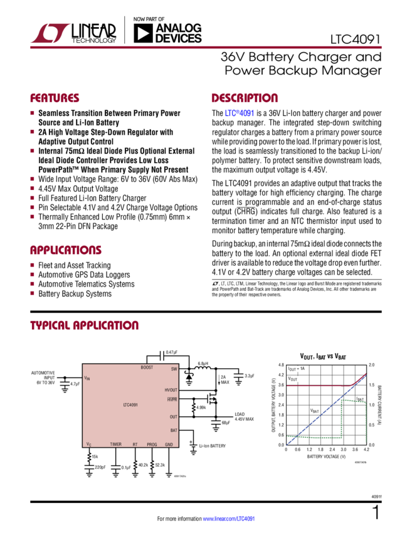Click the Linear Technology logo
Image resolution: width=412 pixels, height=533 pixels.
[x=74, y=33]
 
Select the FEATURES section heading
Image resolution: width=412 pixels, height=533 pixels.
[x=55, y=98]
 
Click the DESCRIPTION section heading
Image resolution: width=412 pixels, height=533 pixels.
[x=244, y=98]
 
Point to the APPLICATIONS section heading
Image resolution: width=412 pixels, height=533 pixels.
[x=66, y=249]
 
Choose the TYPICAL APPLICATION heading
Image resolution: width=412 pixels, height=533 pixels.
[x=85, y=325]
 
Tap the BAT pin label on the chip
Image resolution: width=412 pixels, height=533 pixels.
[x=174, y=430]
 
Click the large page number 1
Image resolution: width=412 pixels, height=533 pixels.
[x=375, y=513]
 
